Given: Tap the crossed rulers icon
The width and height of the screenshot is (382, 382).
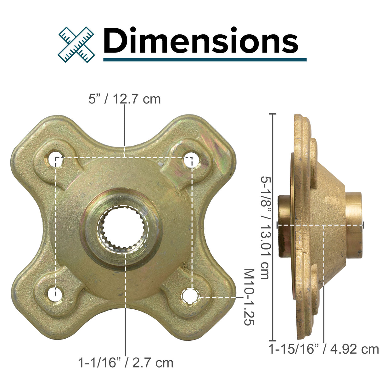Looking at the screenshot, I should [76, 44].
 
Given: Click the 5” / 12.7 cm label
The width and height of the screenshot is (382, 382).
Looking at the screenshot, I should [125, 99].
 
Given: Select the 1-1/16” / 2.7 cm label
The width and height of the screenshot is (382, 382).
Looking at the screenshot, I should [126, 362].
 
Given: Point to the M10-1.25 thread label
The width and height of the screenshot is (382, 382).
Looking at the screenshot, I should [249, 297].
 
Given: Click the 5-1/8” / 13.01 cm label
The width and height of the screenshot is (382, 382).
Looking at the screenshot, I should [264, 227].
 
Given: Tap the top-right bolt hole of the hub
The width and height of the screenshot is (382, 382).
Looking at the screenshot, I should [189, 160].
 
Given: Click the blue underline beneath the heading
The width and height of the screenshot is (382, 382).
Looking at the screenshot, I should [205, 59].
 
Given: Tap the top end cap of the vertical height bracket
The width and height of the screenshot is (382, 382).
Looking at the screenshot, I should [272, 114].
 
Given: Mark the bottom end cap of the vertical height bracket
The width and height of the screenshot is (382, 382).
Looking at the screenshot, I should [272, 340].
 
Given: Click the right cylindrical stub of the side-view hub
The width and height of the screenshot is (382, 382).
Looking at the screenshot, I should [354, 225].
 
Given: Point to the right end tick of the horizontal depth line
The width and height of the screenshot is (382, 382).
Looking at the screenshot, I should [363, 225].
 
